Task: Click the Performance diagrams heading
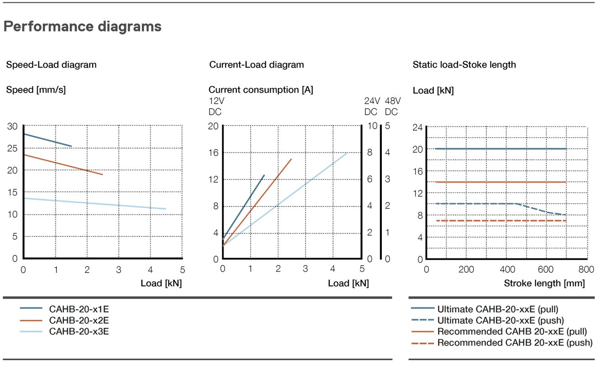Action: [82, 27]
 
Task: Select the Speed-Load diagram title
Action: [51, 65]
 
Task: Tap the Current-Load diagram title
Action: [256, 65]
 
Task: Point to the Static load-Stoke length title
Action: [464, 65]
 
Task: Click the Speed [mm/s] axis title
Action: [36, 90]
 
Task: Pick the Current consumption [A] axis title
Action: [261, 90]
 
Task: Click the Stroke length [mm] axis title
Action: [544, 283]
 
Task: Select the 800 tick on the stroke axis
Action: [586, 270]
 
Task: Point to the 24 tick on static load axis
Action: [418, 127]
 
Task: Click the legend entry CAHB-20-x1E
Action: [79, 309]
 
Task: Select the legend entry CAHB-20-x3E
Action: [79, 331]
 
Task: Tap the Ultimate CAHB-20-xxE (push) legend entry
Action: [500, 320]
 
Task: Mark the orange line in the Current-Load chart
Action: [258, 202]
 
